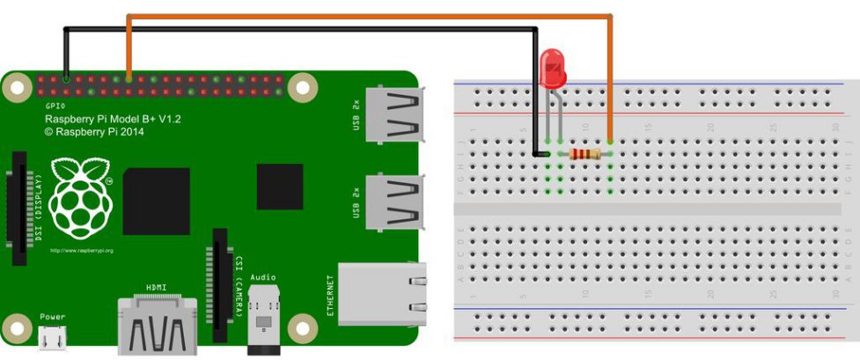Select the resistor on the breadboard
(585, 154)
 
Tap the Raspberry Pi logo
(80, 196)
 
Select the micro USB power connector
(52, 337)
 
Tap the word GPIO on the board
(55, 105)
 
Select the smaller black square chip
(280, 187)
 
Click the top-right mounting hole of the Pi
(304, 86)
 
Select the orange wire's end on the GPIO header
(129, 79)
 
